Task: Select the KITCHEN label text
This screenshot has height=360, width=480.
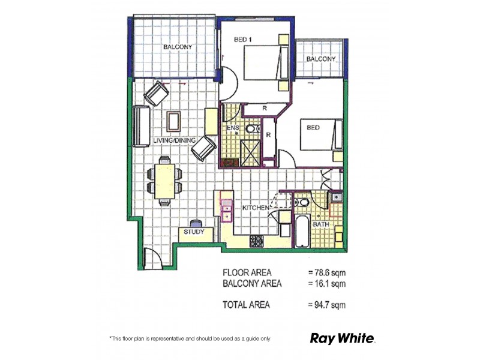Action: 255,208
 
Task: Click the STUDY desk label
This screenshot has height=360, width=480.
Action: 194,232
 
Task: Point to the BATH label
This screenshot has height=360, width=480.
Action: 322,224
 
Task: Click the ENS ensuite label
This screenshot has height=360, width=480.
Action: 233,128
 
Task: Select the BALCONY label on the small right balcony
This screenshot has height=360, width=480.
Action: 320,59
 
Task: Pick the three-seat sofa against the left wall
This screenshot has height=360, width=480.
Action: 142,127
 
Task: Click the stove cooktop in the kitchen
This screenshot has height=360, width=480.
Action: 257,241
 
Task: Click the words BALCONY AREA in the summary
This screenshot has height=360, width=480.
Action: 252,283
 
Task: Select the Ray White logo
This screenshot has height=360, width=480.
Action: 342,338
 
